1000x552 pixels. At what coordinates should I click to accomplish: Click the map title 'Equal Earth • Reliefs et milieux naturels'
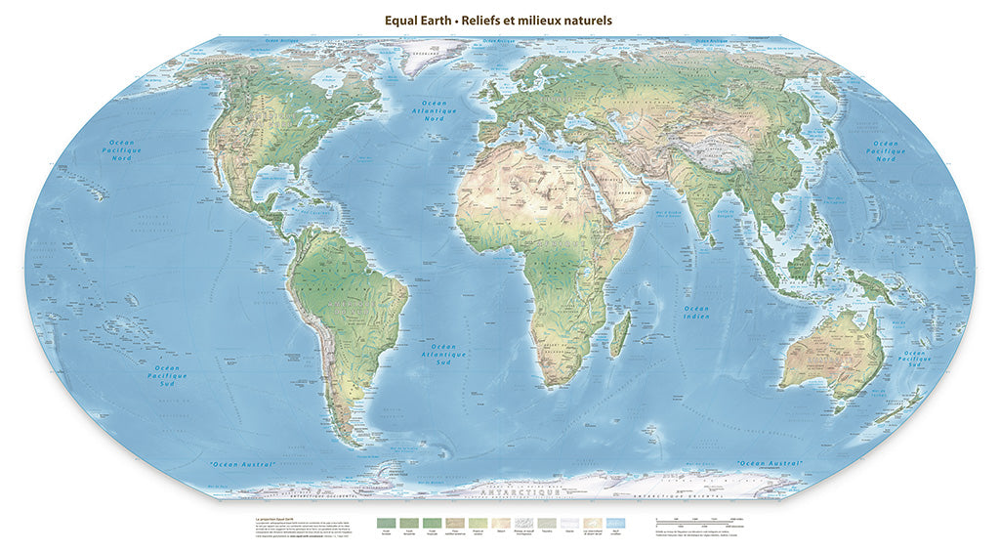click(x=499, y=20)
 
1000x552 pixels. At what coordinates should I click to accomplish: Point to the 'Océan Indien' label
click(x=696, y=313)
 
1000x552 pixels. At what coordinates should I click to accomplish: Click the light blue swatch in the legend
click(x=614, y=524)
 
